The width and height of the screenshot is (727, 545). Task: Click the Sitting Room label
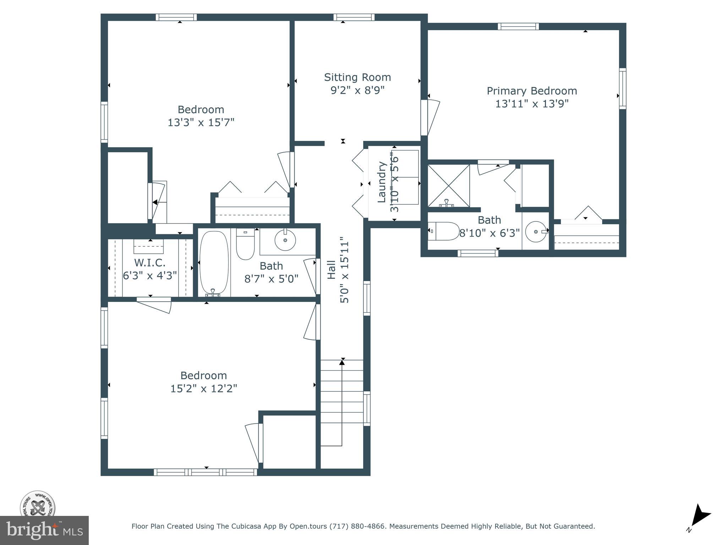357,77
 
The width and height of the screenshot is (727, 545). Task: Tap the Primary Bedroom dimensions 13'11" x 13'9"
532,104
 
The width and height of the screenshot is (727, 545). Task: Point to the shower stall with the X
449,186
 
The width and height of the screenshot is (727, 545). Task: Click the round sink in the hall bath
285,240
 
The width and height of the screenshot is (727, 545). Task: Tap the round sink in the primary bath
536,231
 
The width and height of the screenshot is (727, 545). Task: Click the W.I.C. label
150,263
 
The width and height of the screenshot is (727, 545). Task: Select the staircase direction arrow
342,362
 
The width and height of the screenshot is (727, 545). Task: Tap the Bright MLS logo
44,530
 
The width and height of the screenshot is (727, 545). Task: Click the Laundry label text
381,182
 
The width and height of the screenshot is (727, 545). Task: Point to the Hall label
331,270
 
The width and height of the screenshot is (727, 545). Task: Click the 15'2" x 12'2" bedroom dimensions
204,389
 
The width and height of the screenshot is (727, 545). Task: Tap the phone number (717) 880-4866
357,526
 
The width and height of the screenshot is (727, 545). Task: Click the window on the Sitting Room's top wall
354,17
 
